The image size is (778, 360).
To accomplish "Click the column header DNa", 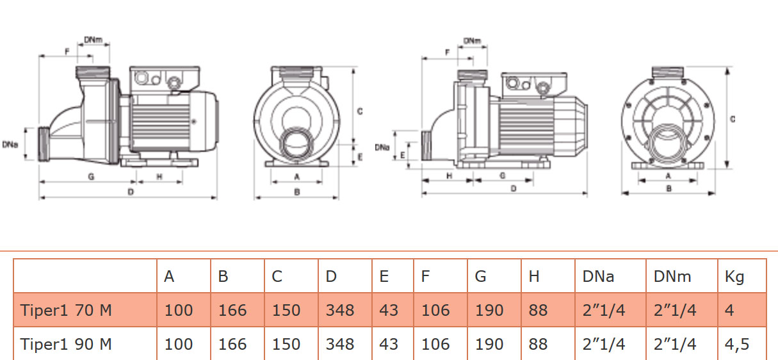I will [x=598, y=276].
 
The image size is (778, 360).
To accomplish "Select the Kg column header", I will [x=734, y=276].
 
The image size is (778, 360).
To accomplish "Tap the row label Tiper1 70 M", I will [x=66, y=311].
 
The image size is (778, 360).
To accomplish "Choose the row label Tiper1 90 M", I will [x=66, y=344].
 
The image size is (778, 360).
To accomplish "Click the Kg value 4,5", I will [x=737, y=344].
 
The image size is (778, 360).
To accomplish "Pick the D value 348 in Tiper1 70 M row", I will [x=339, y=311].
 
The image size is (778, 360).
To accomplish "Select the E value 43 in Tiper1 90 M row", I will [x=389, y=344].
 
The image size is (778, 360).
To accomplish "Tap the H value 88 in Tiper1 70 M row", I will [x=539, y=311].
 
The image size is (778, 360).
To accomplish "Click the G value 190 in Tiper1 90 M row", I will [x=489, y=344].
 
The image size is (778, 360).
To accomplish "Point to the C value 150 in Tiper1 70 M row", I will [x=286, y=311].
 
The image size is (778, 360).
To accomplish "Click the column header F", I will [x=426, y=276].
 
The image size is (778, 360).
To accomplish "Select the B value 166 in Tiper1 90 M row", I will [x=232, y=344].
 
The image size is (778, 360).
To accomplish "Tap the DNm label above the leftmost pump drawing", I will [x=93, y=40].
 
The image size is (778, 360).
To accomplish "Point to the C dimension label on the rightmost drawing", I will [x=733, y=119].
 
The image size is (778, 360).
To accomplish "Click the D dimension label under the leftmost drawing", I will [x=131, y=191].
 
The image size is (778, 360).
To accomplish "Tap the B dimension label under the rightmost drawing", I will [x=669, y=188].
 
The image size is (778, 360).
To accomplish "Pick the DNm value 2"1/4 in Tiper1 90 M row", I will [x=675, y=344].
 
